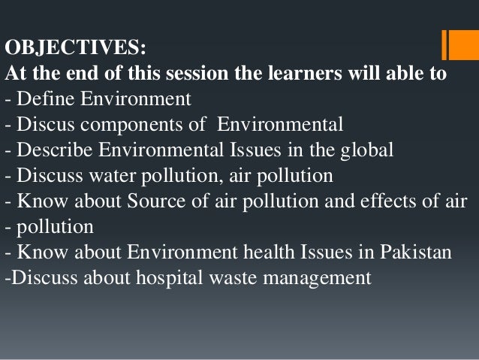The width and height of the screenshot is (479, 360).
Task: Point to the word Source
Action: pyautogui.click(x=155, y=201)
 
